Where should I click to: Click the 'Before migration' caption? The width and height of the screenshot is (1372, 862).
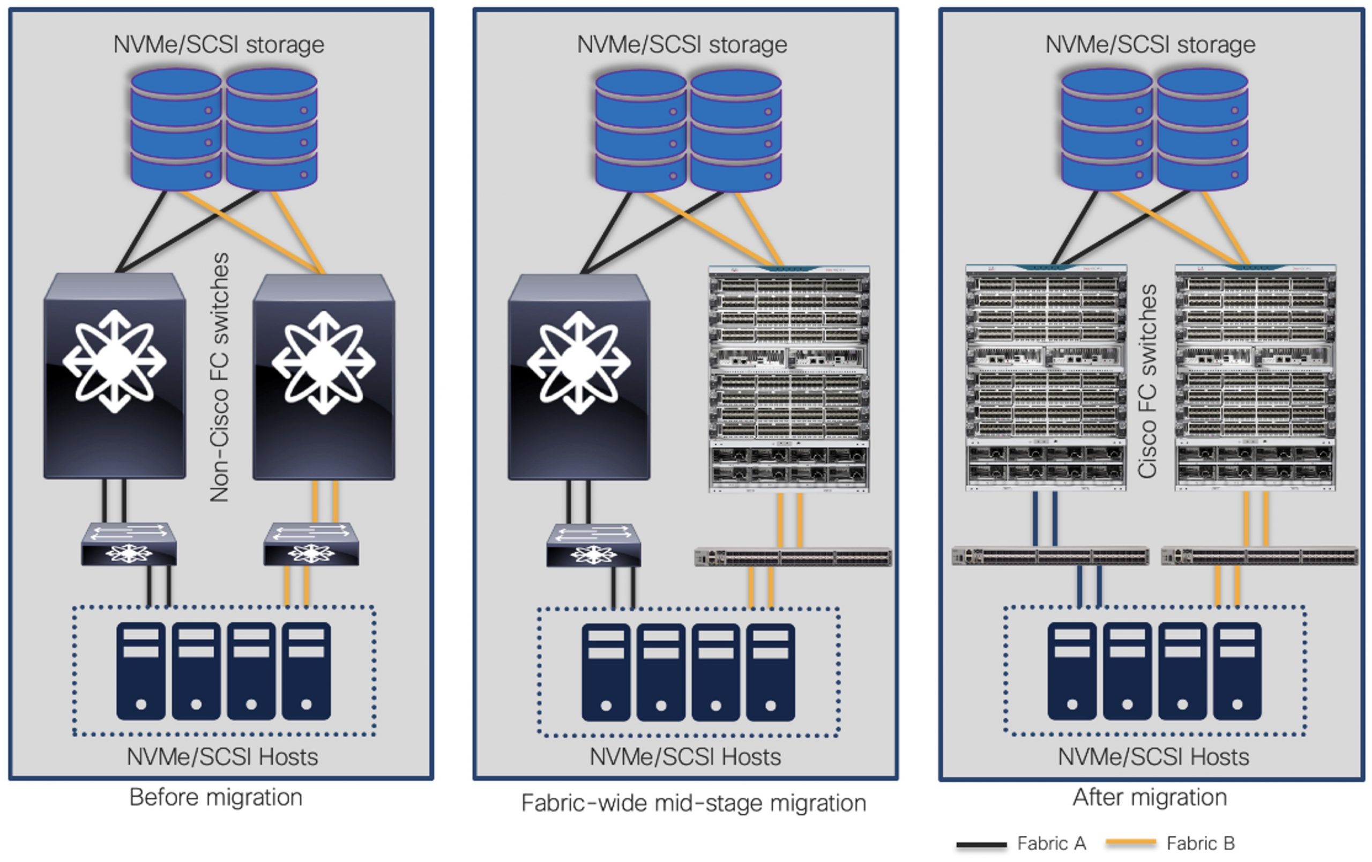[x=215, y=797]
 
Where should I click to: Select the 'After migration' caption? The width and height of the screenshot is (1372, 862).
[x=1149, y=797]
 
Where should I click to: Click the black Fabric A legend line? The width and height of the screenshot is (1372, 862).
[x=981, y=844]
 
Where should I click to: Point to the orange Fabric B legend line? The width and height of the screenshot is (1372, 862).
[x=1130, y=842]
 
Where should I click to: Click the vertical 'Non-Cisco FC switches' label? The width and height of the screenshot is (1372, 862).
[x=219, y=377]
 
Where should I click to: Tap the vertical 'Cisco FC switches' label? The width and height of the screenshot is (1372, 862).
[x=1147, y=381]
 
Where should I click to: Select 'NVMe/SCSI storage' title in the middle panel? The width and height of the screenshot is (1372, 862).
[x=682, y=44]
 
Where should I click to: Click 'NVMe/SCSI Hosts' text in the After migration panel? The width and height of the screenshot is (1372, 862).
[x=1153, y=757]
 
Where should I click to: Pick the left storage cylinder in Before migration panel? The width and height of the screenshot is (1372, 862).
[x=176, y=129]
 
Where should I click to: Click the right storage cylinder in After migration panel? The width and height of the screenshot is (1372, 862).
[x=1203, y=129]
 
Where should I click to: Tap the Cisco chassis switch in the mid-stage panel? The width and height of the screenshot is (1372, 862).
[x=789, y=379]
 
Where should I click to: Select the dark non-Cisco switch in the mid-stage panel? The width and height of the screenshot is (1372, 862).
[x=579, y=377]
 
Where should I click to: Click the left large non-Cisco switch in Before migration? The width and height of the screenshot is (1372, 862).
[x=115, y=376]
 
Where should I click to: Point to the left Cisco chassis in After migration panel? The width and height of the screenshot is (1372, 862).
[x=1046, y=377]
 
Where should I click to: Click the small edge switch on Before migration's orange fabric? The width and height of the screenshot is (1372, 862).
[x=311, y=545]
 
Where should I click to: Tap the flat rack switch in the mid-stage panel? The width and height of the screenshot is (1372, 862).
[x=793, y=556]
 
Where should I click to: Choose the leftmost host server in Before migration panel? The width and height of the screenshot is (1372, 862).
[x=141, y=671]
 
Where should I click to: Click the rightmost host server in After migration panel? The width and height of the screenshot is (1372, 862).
[x=1237, y=671]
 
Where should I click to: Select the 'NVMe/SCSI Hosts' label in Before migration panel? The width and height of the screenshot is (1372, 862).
[x=222, y=757]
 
